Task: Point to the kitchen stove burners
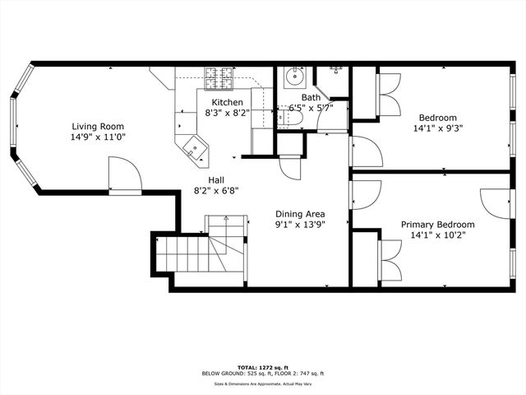[x=221, y=78]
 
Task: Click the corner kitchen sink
[x=195, y=148]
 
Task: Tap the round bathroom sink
[x=293, y=79]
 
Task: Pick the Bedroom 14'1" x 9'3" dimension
[x=438, y=128]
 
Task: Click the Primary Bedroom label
[x=437, y=225]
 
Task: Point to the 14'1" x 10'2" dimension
[x=437, y=235]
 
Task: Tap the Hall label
[x=216, y=179]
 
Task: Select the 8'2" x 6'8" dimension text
[x=216, y=190]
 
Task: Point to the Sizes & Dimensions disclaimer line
[x=263, y=383]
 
